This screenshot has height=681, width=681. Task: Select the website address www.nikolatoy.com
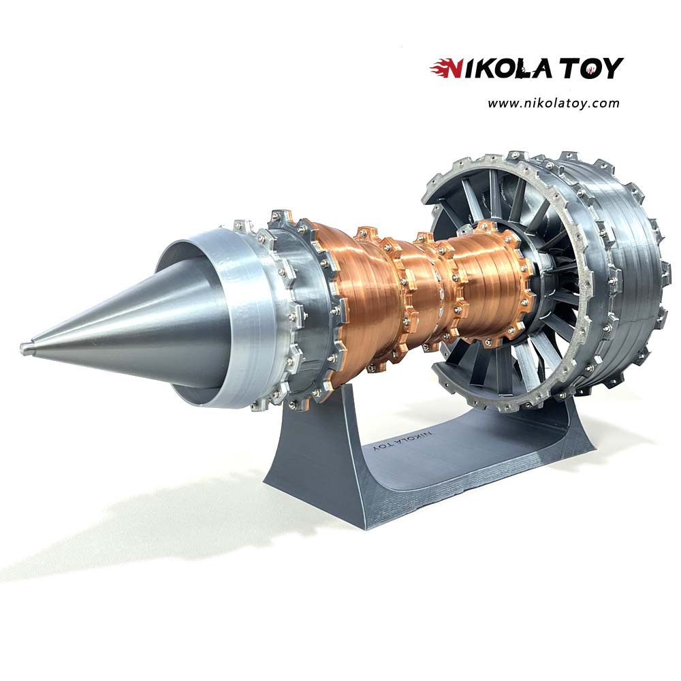click(x=553, y=104)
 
